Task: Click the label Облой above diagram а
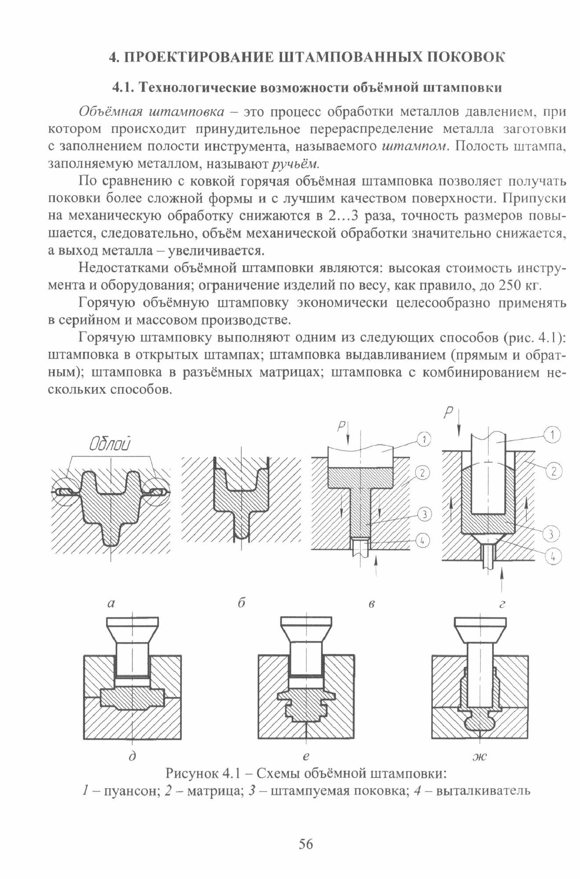(110, 445)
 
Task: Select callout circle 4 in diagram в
(422, 541)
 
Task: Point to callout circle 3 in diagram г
(551, 534)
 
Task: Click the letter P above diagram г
(448, 413)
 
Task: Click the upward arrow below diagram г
(502, 580)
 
